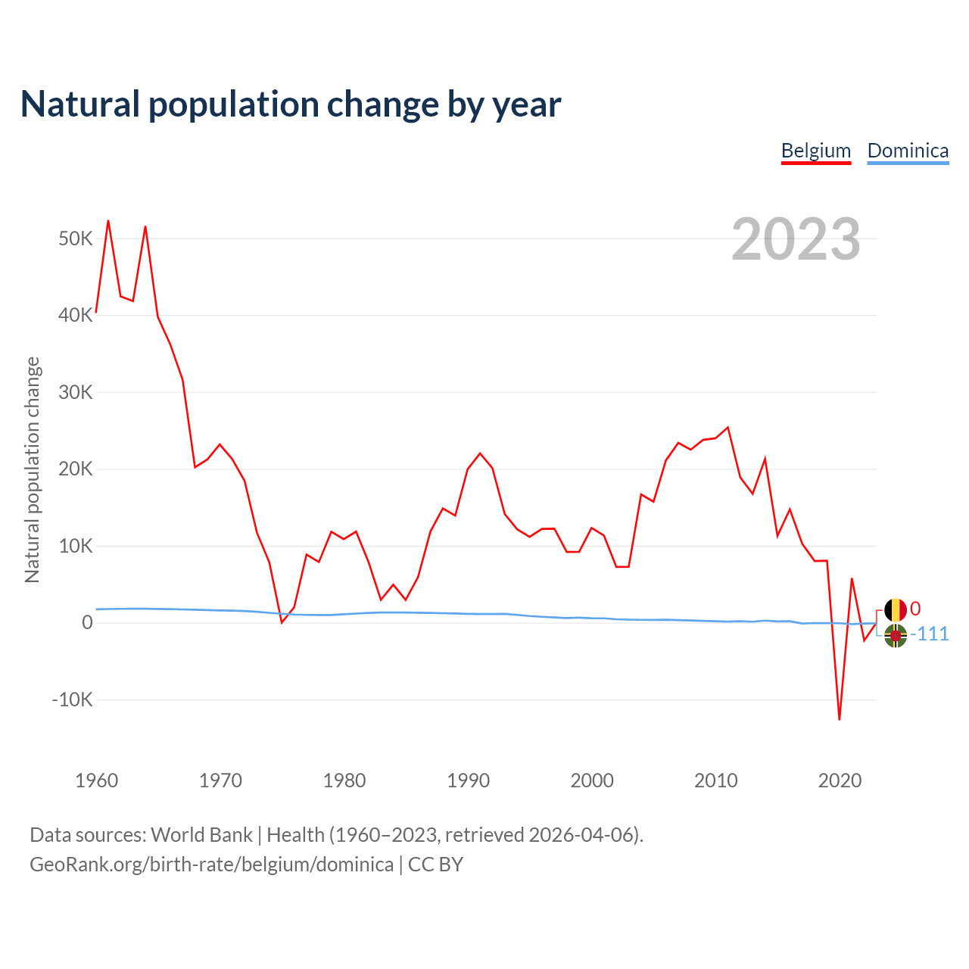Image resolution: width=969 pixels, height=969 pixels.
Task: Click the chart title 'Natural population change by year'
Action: pos(291,104)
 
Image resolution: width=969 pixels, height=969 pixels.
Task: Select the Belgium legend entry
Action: pos(816,151)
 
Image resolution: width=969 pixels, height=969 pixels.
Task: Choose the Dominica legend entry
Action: pos(908,151)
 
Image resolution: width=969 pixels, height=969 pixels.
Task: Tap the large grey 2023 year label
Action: pos(796,239)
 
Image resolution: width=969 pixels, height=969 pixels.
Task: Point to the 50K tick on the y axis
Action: pos(76,239)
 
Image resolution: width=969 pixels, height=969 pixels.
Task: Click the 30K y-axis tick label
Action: pos(76,393)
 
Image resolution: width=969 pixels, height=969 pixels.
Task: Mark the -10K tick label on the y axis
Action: pos(73,699)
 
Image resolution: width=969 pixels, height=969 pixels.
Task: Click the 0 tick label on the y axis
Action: pos(88,623)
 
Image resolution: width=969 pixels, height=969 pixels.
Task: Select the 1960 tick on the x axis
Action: pos(97,780)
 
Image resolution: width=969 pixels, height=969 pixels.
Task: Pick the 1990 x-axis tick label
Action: pos(469,780)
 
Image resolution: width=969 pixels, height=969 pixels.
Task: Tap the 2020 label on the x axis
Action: pos(840,780)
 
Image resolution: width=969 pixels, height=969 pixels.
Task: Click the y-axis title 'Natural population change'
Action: pos(33,470)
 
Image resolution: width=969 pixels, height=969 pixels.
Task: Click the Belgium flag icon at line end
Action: pos(896,610)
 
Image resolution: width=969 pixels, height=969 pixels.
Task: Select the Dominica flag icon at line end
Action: pos(896,636)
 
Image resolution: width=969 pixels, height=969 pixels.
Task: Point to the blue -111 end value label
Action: pos(930,634)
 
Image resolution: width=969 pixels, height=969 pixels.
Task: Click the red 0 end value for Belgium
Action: pos(915,609)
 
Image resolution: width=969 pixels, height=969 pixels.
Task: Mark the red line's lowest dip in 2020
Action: pos(840,719)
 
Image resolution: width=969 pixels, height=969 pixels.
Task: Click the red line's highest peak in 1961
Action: pos(108,221)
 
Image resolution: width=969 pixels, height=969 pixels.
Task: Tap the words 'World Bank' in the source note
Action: pos(201,835)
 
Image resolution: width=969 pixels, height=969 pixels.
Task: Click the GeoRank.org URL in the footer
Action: pos(211,865)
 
